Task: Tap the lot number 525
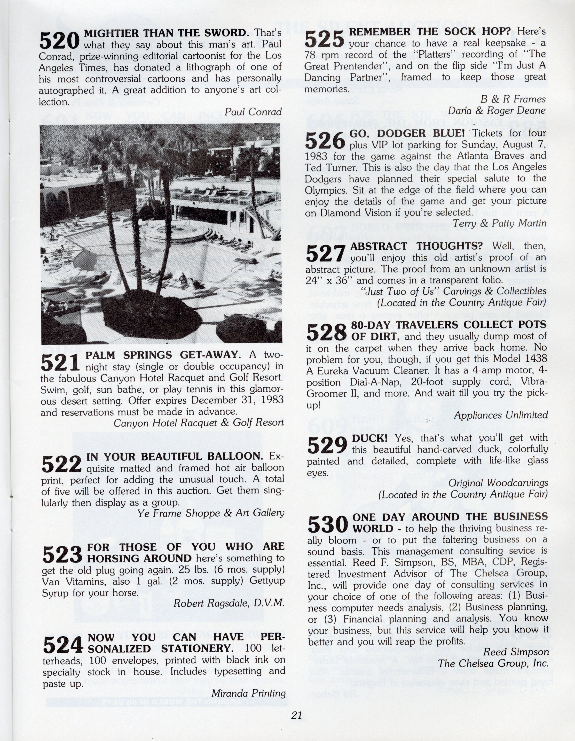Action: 325,39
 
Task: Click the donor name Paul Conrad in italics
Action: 253,112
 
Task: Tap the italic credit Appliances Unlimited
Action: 501,415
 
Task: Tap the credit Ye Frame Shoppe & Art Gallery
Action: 211,513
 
